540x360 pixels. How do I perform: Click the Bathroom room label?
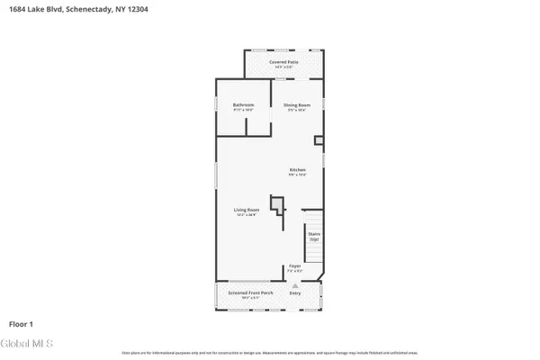click(243, 105)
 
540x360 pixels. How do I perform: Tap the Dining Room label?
click(297, 105)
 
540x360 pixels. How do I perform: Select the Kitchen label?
click(297, 170)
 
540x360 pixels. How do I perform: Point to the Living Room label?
click(247, 210)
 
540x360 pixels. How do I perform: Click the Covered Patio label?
click(283, 62)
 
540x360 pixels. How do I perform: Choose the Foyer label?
click(294, 265)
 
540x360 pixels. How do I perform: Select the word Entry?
click(294, 293)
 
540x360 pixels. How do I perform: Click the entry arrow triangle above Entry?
click(294, 284)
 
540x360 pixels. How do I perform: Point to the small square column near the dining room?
click(318, 140)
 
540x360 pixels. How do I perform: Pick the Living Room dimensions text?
click(247, 215)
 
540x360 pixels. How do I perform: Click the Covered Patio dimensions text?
click(283, 67)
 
